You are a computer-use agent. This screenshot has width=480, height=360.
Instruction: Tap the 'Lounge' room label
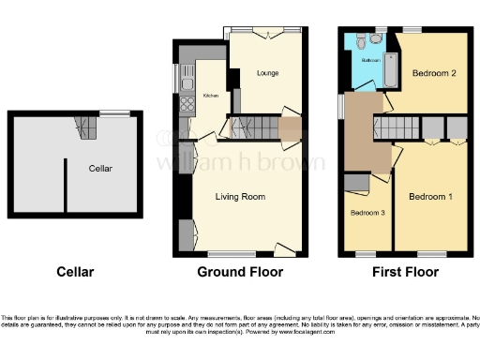pos(268,72)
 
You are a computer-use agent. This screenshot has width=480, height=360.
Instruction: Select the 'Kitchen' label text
pos(211,96)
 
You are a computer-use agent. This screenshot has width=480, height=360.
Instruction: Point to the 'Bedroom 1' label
pos(430,197)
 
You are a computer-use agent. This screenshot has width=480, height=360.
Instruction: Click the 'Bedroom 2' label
pos(432,72)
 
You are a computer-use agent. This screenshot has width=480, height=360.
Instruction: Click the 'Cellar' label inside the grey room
pos(101,169)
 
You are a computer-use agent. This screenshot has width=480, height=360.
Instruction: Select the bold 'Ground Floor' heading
pos(240,273)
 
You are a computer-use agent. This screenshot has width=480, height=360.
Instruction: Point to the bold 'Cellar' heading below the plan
pos(73,273)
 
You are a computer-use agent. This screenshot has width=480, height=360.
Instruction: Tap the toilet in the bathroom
pos(374,39)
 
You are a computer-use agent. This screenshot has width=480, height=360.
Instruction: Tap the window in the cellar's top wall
pos(113,114)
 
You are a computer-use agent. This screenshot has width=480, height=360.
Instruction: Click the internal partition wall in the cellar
pos(64,184)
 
